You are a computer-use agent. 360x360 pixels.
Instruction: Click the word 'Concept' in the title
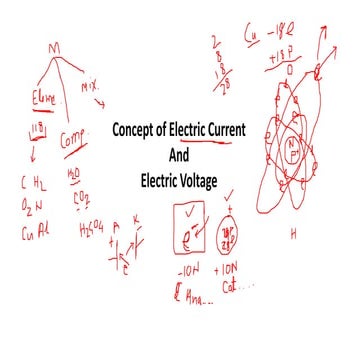(x=140, y=132)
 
